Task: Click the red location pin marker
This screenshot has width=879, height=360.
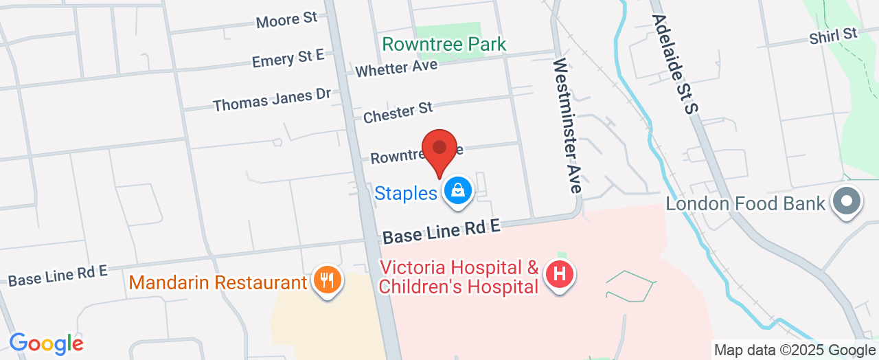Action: point(439,150)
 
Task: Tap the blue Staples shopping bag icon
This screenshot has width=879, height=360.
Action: point(457,192)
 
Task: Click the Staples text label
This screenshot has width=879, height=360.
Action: point(405,194)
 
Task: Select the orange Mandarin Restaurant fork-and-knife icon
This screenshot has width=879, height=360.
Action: point(327,280)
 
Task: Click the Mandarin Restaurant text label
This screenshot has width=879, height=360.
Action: point(218,282)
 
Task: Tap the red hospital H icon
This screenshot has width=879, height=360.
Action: point(560,275)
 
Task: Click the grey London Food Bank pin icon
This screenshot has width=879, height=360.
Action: point(846,201)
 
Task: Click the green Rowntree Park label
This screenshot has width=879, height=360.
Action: point(444,45)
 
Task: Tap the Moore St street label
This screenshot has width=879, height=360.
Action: point(286,20)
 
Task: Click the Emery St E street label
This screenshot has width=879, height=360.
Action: point(288,59)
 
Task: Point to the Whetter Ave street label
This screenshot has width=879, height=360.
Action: point(396,67)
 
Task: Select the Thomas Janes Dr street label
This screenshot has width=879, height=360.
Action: point(272,101)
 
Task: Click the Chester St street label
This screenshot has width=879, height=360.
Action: point(398,112)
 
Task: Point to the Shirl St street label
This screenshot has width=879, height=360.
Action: point(834,36)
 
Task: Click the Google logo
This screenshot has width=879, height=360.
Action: point(46,344)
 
